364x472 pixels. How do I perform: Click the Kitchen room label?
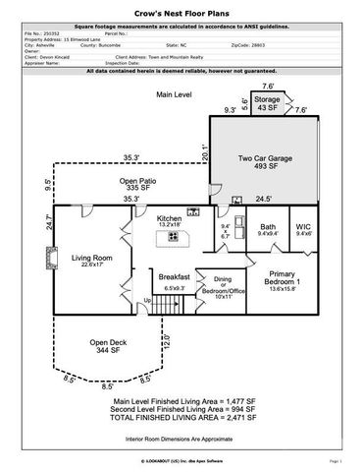[x=169, y=220]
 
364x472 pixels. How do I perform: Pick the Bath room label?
[x=269, y=229]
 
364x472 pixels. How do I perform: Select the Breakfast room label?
[x=174, y=279]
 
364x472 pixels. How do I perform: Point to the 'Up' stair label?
[x=147, y=300]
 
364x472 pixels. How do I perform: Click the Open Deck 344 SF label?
[x=108, y=346]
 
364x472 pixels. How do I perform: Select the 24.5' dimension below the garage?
[x=263, y=198]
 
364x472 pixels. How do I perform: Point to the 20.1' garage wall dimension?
[x=203, y=149]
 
